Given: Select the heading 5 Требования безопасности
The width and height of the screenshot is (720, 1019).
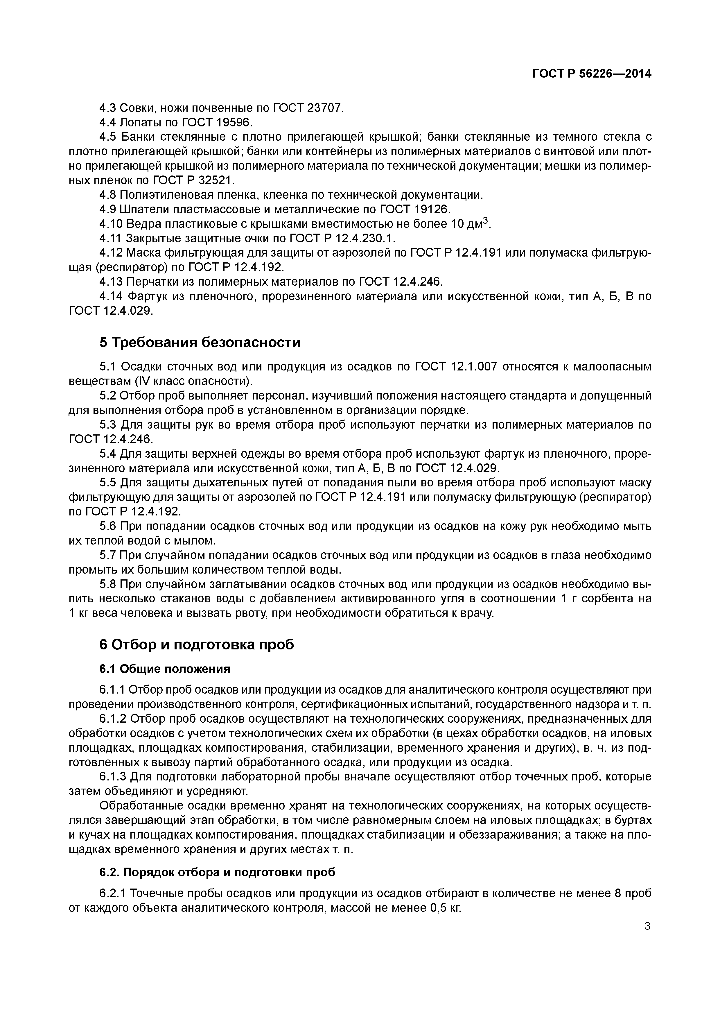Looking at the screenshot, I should click(200, 342).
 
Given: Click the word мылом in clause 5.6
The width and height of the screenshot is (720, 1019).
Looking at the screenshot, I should click(198, 541).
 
